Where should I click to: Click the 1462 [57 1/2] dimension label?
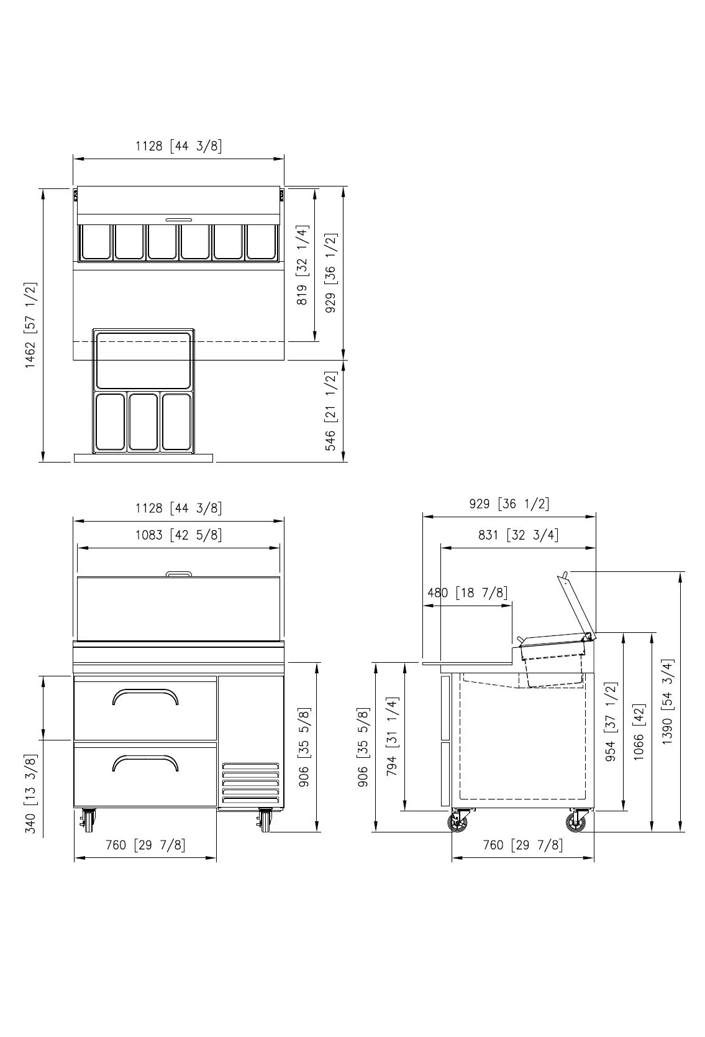coord(30,325)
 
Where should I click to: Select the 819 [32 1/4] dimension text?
coord(302,265)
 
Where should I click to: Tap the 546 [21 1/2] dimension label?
coord(330,410)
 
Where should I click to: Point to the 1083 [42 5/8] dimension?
coord(178,535)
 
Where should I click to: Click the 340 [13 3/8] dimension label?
coord(30,793)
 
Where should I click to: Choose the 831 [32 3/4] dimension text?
coord(518,535)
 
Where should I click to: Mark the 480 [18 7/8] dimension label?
coord(467,592)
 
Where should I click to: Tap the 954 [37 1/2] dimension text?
coord(611,722)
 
